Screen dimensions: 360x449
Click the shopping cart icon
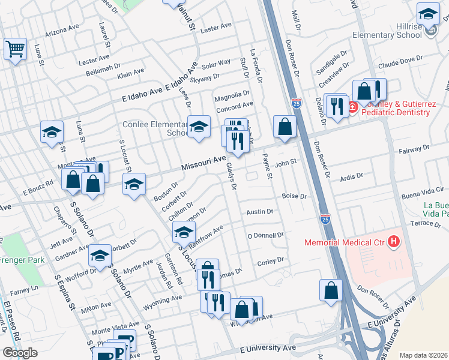tap(14, 49)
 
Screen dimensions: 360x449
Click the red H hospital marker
tap(393, 242)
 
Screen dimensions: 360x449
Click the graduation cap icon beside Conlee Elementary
tap(199, 127)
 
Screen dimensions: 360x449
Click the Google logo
tap(20, 353)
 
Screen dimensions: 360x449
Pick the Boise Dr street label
tap(294, 196)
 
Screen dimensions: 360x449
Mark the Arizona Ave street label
tap(62, 28)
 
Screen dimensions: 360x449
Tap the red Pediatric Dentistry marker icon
tap(352, 107)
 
